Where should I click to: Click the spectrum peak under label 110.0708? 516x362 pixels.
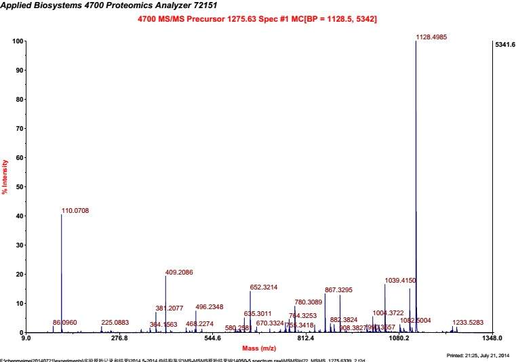62,271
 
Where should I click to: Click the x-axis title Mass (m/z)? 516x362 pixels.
258,348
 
